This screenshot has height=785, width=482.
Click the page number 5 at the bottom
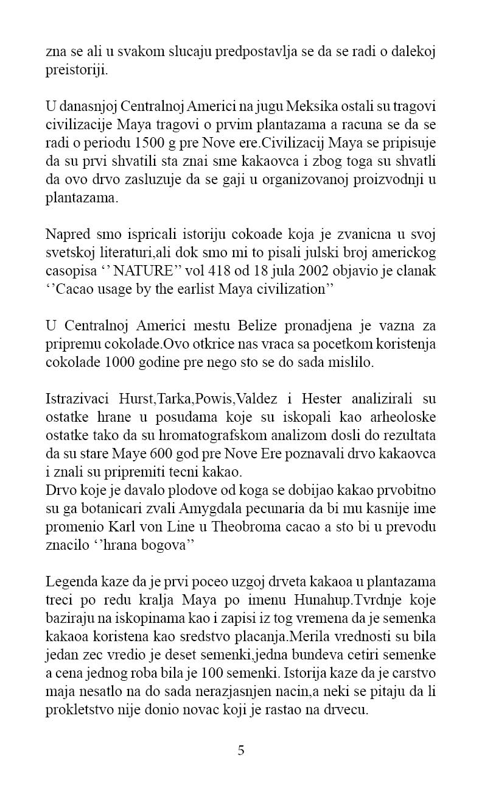click(x=241, y=750)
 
